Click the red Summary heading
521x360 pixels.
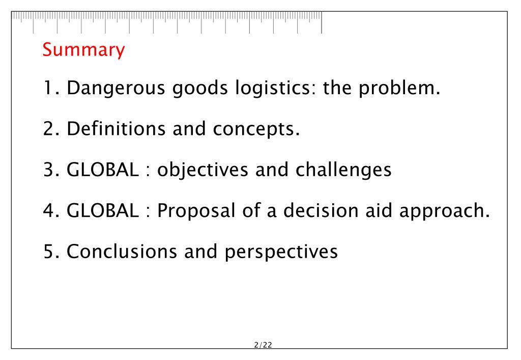point(83,50)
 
